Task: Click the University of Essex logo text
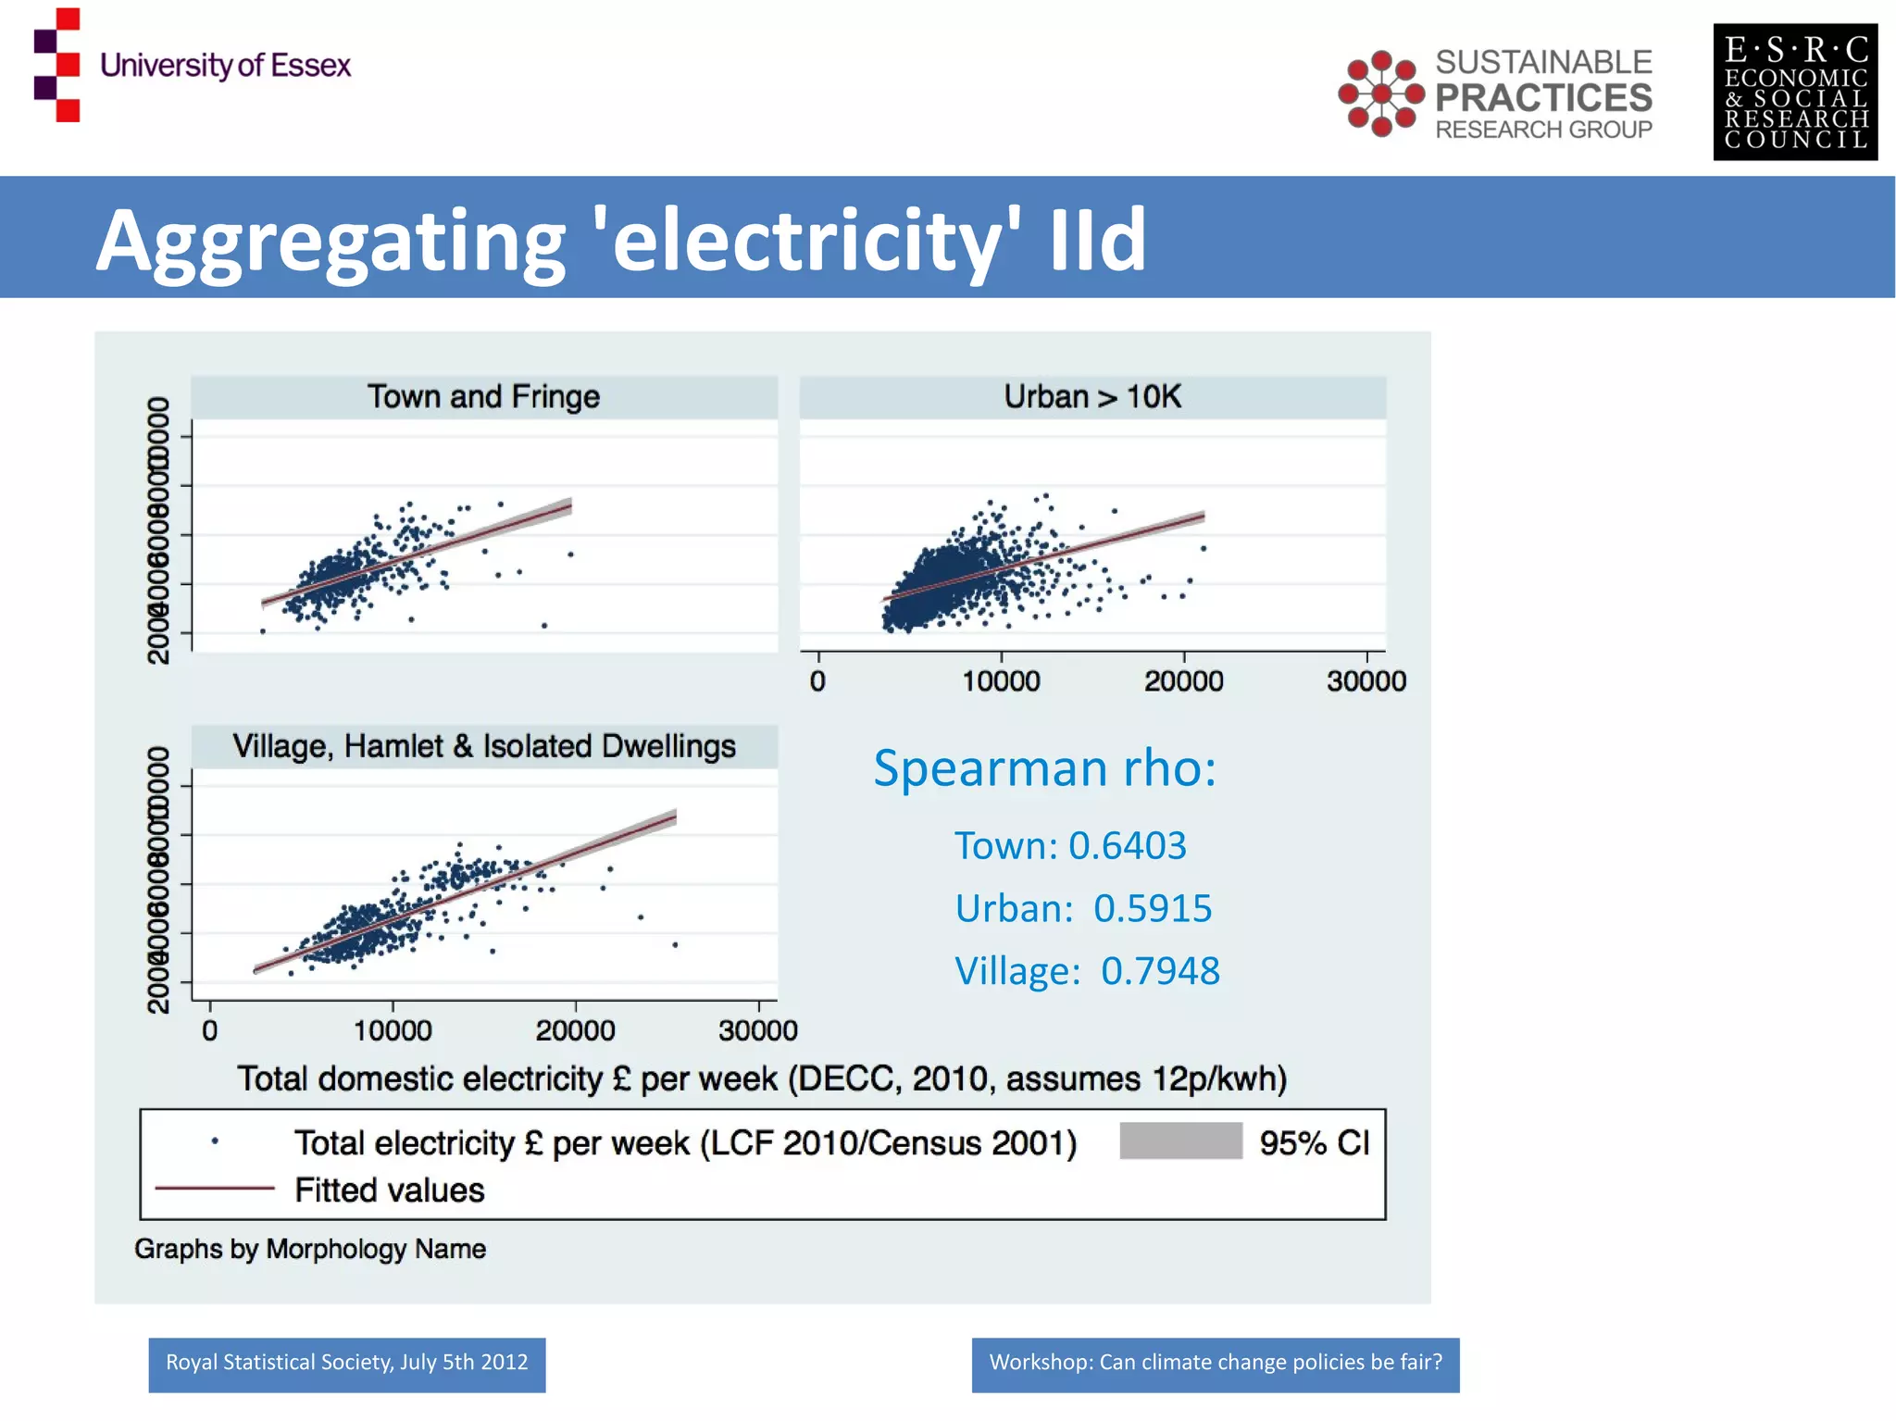point(225,66)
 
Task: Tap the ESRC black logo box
point(1794,93)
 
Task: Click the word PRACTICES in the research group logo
point(1543,97)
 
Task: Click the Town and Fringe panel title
point(483,397)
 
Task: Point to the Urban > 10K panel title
point(1092,397)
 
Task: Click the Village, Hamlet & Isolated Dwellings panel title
point(483,746)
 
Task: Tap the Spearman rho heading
point(1044,768)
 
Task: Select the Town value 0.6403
point(1127,846)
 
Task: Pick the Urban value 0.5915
point(1152,909)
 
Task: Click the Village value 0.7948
point(1159,971)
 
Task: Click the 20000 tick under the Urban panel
point(1183,681)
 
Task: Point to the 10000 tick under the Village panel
point(393,1030)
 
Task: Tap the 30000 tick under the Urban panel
point(1366,681)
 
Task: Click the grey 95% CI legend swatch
point(1180,1141)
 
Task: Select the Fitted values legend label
point(389,1190)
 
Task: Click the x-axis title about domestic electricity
point(762,1079)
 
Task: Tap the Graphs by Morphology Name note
point(310,1249)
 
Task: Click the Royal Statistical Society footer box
point(347,1364)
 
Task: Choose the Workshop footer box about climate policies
point(1215,1364)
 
